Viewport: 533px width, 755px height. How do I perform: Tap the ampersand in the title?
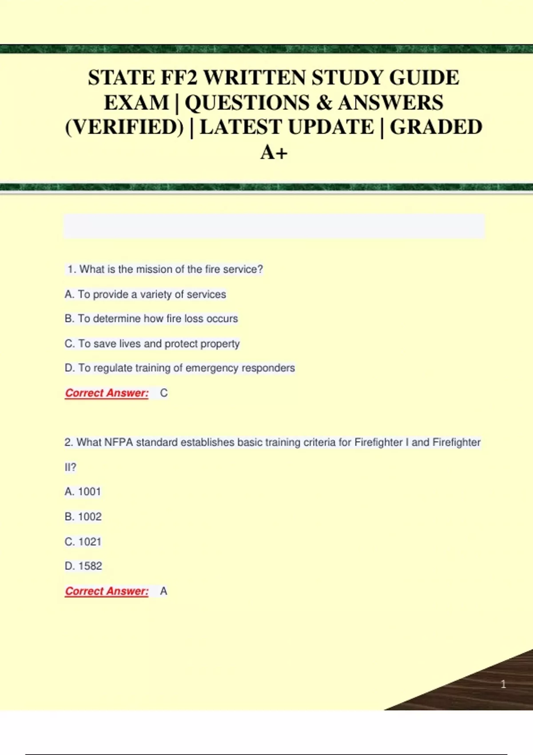tap(324, 103)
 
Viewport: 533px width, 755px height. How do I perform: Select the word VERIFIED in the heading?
tap(124, 127)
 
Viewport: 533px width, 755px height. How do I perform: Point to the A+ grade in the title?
tap(274, 152)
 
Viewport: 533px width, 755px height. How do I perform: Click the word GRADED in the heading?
tap(436, 127)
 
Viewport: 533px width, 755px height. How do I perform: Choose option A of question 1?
tap(145, 294)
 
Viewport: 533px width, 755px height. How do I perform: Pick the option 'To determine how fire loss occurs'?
tap(151, 318)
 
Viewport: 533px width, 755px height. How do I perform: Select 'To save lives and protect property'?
tap(152, 344)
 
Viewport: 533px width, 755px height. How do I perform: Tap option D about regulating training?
tap(179, 368)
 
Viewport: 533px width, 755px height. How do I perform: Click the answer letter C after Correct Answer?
tap(163, 393)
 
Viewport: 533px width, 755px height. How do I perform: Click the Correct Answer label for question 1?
tap(107, 393)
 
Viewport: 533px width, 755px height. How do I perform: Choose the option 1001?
tap(83, 492)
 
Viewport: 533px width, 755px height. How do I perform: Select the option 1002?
tap(83, 517)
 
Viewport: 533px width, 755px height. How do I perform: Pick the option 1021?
tap(83, 542)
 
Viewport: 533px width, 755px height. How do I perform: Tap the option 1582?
tap(83, 566)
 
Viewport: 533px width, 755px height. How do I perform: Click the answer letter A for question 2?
tap(163, 591)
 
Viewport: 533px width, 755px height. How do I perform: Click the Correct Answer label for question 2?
tap(107, 591)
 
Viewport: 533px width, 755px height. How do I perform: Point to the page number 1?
tap(503, 684)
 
